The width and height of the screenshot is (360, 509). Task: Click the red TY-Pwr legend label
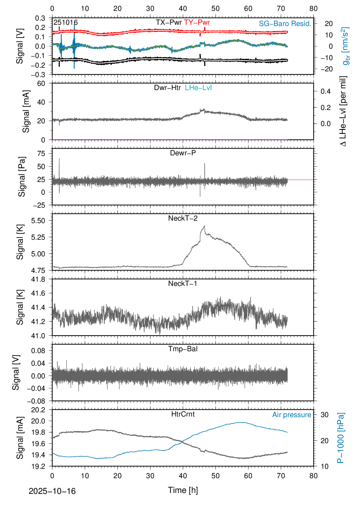pos(197,22)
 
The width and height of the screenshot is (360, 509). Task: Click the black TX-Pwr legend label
pos(169,22)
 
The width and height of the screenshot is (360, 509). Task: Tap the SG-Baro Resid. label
pos(285,24)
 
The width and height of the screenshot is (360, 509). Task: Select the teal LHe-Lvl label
pos(198,88)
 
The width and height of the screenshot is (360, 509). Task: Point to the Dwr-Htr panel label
pos(167,88)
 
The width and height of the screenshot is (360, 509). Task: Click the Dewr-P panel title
pos(183,153)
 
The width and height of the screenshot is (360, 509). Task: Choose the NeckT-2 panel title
pos(183,218)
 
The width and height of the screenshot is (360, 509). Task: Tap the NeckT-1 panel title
pos(183,284)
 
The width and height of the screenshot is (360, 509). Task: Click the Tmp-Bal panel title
pos(183,349)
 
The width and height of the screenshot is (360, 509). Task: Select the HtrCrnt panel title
pos(183,414)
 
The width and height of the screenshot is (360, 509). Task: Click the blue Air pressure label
pos(292,415)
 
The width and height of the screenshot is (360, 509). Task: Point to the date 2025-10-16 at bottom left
pos(52,491)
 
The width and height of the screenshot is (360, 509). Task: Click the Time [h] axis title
pos(183,490)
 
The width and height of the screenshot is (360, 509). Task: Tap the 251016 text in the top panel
pos(66,22)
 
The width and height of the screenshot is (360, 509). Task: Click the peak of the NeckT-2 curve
pos(205,226)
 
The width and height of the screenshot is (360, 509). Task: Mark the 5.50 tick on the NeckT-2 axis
pos(38,221)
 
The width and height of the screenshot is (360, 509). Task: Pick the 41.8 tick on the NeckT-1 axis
pos(38,279)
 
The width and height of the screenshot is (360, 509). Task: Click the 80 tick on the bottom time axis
pos(313,476)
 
